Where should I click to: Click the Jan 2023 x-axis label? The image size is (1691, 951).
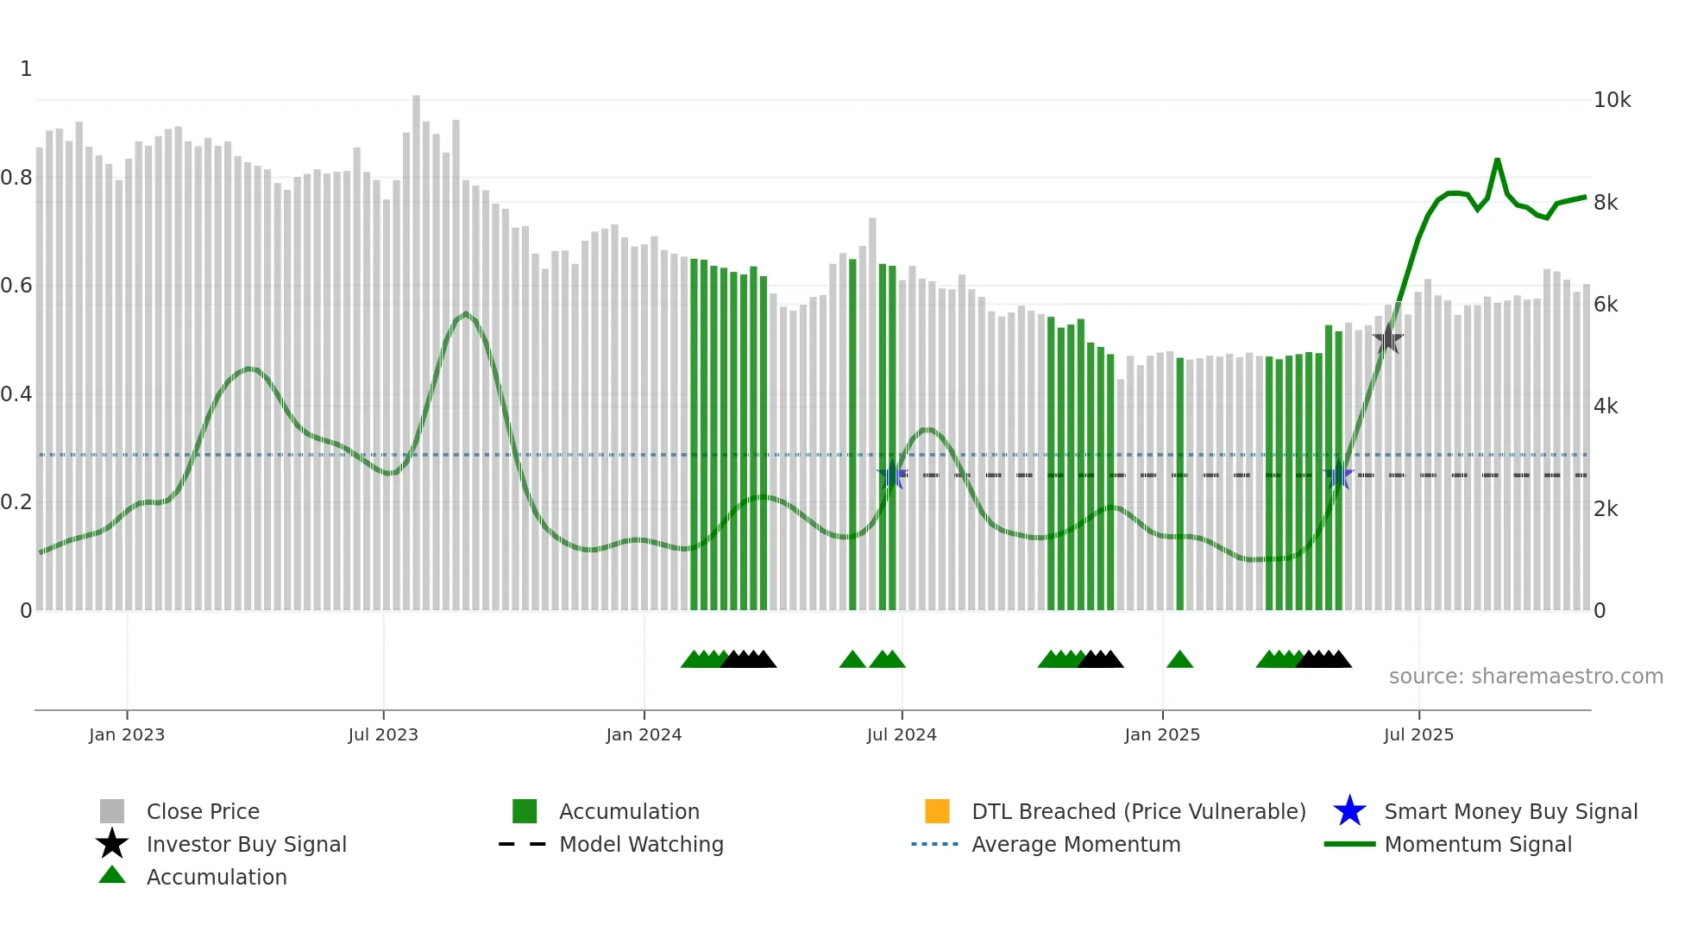pyautogui.click(x=126, y=734)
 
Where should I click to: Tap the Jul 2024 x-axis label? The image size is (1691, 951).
pyautogui.click(x=901, y=734)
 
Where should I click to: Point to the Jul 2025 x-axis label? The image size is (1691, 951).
pyautogui.click(x=1418, y=734)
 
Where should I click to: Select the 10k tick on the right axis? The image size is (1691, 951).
pyautogui.click(x=1612, y=100)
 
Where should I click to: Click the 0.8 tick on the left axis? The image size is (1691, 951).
pyautogui.click(x=16, y=178)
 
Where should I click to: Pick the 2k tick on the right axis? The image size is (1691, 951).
pyautogui.click(x=1606, y=509)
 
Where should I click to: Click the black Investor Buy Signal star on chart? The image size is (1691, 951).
pyautogui.click(x=1387, y=339)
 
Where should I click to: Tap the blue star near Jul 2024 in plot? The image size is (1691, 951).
pyautogui.click(x=892, y=475)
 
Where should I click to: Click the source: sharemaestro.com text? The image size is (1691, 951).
pyautogui.click(x=1525, y=677)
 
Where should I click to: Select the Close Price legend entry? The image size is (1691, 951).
pyautogui.click(x=203, y=811)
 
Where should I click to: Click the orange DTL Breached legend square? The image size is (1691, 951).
pyautogui.click(x=937, y=811)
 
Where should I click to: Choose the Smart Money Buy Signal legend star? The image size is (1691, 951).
pyautogui.click(x=1349, y=811)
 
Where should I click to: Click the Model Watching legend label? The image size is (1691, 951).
pyautogui.click(x=641, y=844)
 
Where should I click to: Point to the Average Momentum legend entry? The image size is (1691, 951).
pyautogui.click(x=1075, y=844)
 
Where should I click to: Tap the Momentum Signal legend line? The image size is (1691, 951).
pyautogui.click(x=1349, y=844)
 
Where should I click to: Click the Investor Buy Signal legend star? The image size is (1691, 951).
pyautogui.click(x=112, y=844)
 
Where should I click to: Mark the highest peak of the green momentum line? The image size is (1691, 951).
pyautogui.click(x=1497, y=161)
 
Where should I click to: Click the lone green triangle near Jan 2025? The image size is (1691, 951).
pyautogui.click(x=1179, y=660)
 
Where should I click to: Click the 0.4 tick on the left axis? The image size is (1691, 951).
pyautogui.click(x=16, y=394)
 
